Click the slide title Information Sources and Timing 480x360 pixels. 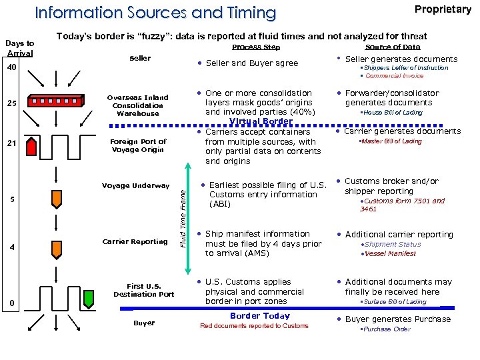click(x=155, y=13)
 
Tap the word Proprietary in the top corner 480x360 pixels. click(x=443, y=9)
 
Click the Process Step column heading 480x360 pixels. click(x=256, y=47)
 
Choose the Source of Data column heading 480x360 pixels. click(x=393, y=47)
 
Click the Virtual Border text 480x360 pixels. click(x=261, y=121)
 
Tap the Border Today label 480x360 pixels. click(x=259, y=316)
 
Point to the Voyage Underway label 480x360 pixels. click(x=135, y=185)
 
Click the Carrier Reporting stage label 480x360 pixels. click(x=135, y=241)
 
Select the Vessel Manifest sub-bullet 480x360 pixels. click(x=391, y=253)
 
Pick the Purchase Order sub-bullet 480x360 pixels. click(x=387, y=329)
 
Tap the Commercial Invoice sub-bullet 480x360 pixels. click(x=395, y=76)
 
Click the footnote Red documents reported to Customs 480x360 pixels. click(x=255, y=326)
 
